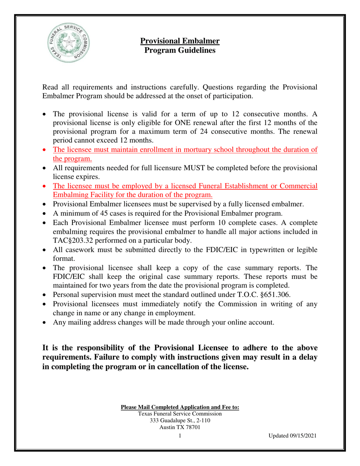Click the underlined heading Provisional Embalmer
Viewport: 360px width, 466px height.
180,41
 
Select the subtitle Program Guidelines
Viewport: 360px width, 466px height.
180,50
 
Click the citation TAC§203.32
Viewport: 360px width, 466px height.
76,241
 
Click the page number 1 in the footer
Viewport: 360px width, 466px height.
180,436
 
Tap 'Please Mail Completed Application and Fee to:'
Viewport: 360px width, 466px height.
180,407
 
